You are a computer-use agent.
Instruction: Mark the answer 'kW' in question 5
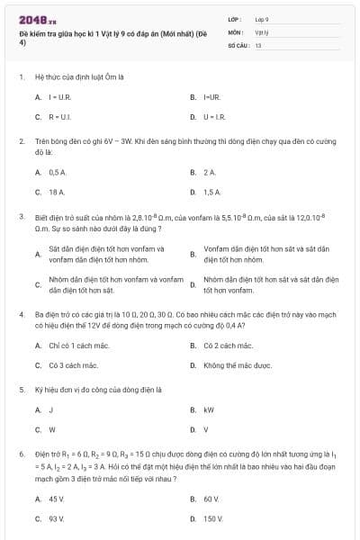208,409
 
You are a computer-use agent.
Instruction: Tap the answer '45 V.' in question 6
57,498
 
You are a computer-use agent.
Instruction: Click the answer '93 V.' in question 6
57,518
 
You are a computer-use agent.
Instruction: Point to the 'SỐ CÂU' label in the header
238,44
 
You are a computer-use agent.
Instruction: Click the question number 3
21,216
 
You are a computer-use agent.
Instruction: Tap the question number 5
21,390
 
